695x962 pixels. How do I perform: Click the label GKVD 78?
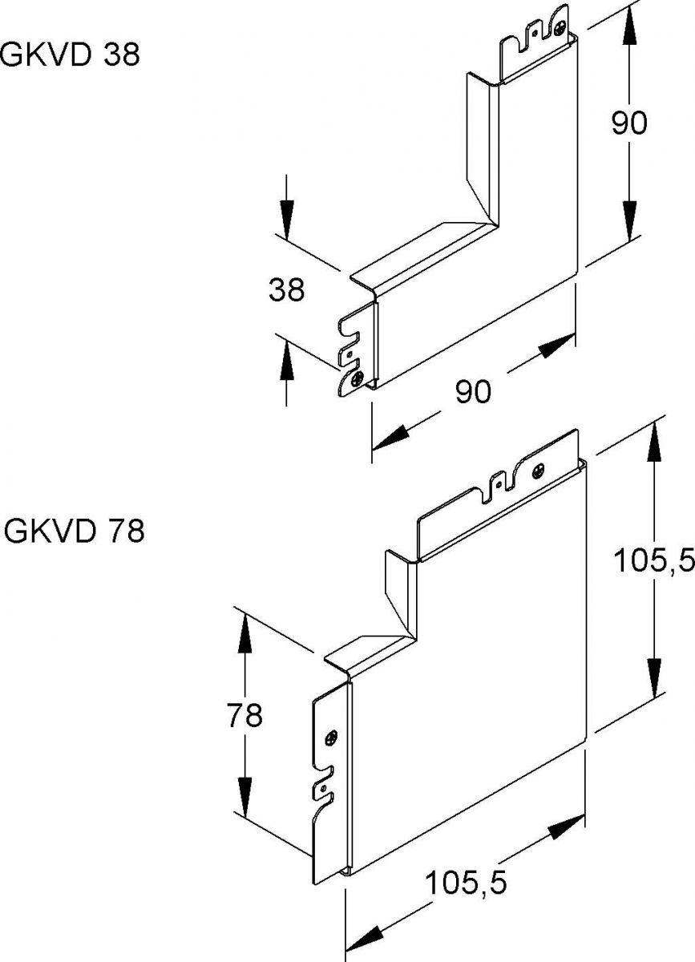click(x=74, y=531)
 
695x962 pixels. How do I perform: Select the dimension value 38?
click(x=286, y=289)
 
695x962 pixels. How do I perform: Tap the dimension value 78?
click(x=244, y=715)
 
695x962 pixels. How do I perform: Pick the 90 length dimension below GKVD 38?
click(x=473, y=392)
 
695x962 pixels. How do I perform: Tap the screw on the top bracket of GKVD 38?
click(x=558, y=30)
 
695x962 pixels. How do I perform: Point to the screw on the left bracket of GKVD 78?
click(x=332, y=736)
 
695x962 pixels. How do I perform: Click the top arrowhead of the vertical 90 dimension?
click(x=628, y=32)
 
